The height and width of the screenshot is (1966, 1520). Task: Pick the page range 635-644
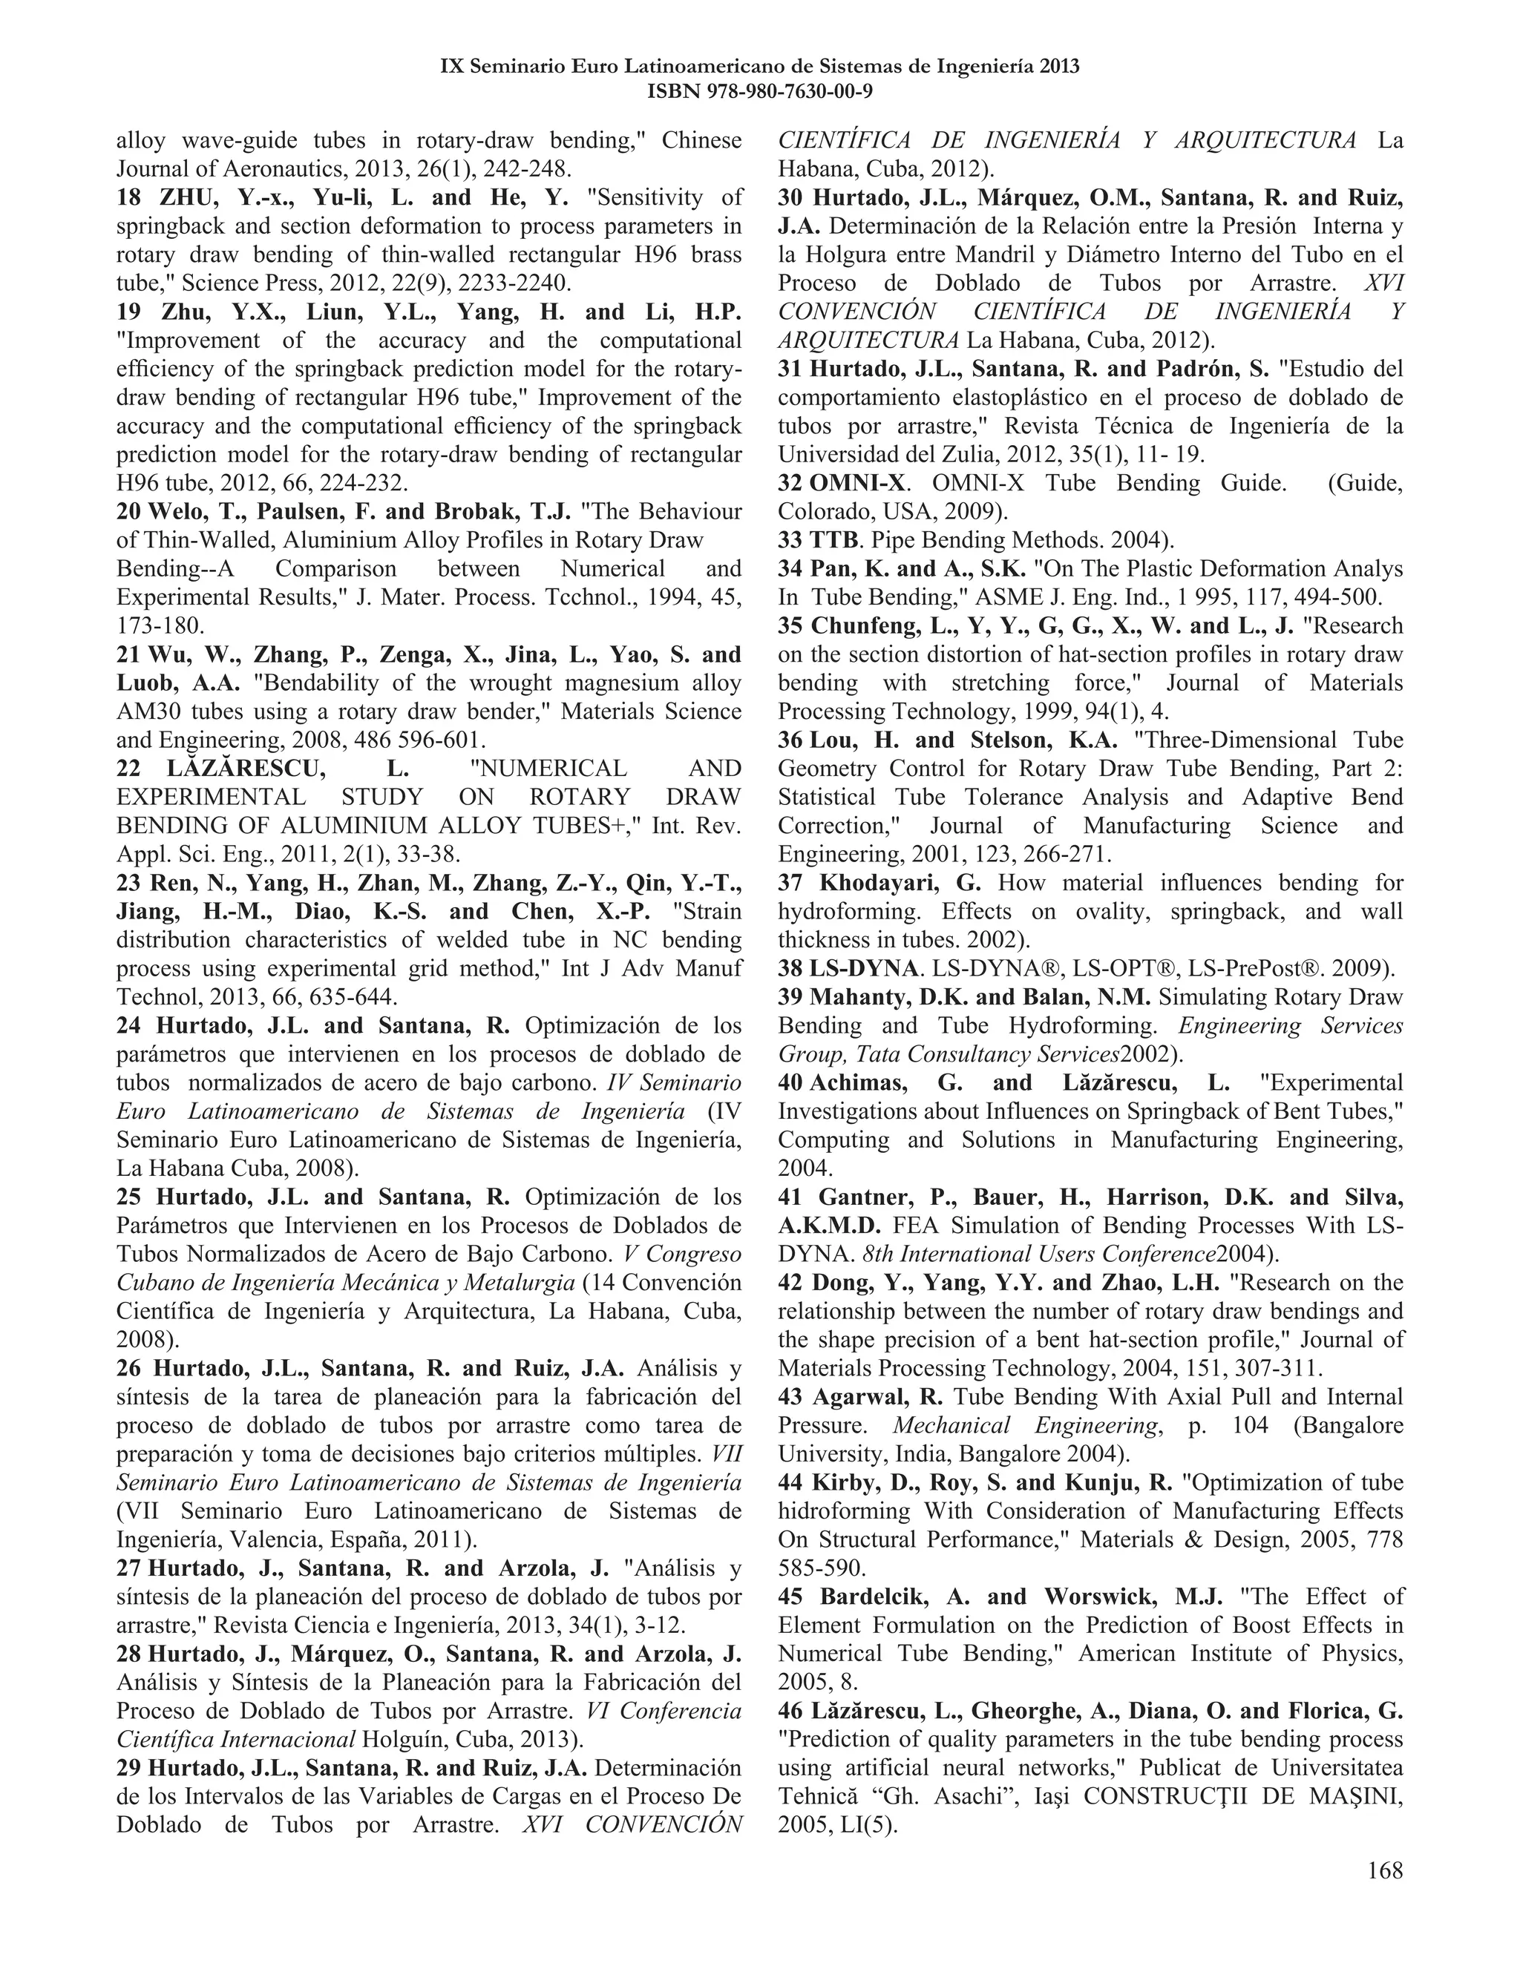pyautogui.click(x=347, y=997)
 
